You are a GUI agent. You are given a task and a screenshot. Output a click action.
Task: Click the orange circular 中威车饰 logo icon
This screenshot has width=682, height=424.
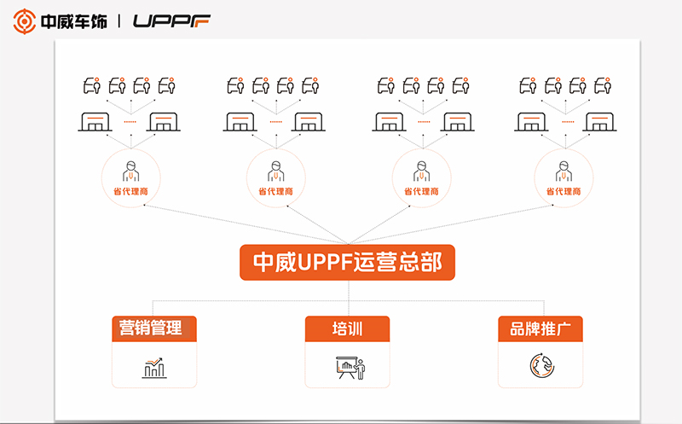point(25,21)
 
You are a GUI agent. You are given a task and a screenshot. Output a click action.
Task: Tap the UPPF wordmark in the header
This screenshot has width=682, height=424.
point(171,20)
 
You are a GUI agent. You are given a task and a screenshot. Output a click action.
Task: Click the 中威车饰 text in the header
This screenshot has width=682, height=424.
point(73,21)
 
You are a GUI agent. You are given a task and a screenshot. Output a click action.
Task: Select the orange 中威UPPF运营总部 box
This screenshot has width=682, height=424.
point(347,262)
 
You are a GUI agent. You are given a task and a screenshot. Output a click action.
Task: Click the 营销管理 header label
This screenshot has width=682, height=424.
point(151,328)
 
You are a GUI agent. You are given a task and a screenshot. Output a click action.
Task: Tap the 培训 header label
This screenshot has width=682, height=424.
point(347,328)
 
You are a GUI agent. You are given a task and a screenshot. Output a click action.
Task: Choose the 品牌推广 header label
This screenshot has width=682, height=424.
point(540,328)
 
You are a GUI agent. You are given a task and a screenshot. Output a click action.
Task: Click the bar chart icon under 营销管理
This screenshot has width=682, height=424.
point(154,368)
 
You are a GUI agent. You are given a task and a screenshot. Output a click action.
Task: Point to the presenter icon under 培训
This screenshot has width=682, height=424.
point(350,368)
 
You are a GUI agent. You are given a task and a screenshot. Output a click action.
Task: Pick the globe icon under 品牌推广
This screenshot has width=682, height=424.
point(542,366)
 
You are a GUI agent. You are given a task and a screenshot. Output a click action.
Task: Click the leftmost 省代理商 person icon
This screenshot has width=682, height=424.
point(131,171)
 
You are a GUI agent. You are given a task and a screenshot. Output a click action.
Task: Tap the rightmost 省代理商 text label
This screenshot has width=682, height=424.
point(564,192)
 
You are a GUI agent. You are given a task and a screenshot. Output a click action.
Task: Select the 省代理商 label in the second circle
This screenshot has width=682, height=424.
point(275,192)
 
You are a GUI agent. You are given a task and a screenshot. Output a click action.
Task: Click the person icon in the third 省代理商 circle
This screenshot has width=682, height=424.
point(421,171)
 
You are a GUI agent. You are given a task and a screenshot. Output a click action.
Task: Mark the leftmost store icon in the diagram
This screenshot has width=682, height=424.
point(95,122)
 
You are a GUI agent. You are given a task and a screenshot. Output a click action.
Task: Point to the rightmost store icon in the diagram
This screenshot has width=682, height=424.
point(599,122)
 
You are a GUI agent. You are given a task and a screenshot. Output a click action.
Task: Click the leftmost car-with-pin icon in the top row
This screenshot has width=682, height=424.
point(92,86)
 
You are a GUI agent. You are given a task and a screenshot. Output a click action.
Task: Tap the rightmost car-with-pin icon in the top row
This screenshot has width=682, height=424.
point(604,86)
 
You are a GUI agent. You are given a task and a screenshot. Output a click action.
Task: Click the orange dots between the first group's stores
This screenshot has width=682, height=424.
point(130,122)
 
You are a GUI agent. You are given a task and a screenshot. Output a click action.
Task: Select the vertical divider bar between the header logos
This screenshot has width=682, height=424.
point(119,20)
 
